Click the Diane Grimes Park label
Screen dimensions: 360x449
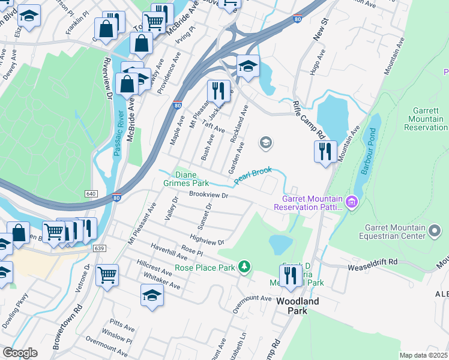(x=187, y=178)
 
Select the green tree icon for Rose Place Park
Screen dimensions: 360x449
(x=244, y=266)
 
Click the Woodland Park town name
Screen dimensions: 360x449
(x=298, y=306)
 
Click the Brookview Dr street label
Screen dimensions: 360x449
(x=209, y=195)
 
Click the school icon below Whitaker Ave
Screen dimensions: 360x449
(x=152, y=295)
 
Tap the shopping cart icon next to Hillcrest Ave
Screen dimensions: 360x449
(x=107, y=275)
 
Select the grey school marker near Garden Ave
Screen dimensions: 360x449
(x=265, y=143)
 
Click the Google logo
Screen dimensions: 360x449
(x=20, y=352)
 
